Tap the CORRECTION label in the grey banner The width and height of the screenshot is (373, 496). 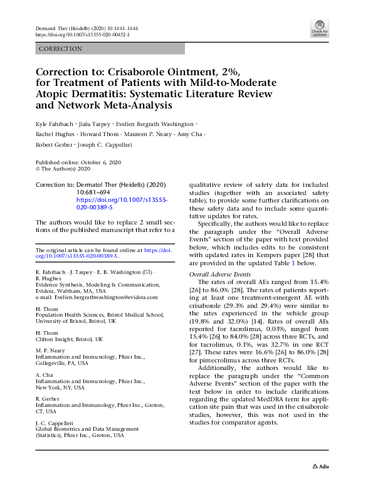click(61, 49)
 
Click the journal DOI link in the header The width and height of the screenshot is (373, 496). click(80, 35)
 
